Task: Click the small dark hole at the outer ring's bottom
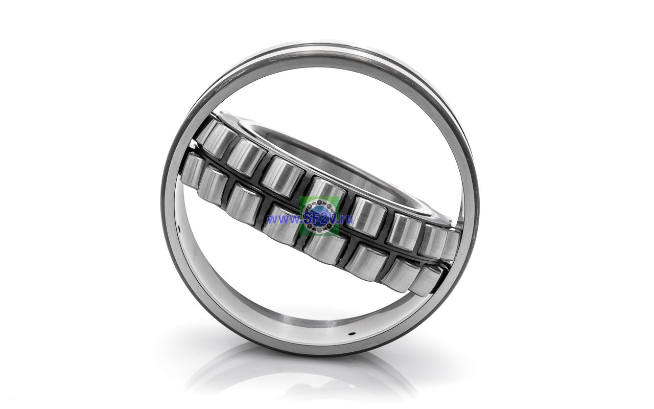(x=354, y=333)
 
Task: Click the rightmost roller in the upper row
(x=451, y=244)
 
